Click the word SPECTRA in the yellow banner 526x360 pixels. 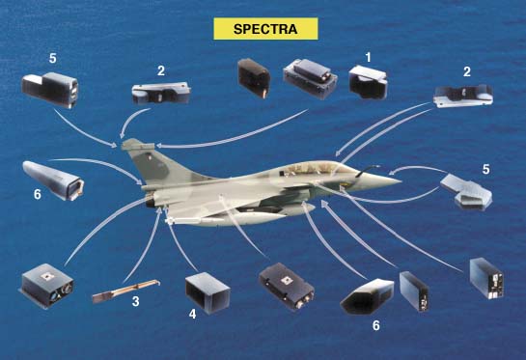[x=265, y=29]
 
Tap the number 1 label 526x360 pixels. [x=369, y=57]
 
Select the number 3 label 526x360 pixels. [x=135, y=301]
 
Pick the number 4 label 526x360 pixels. [x=192, y=314]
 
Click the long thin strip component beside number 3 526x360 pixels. [x=125, y=291]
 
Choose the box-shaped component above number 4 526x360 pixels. [x=208, y=292]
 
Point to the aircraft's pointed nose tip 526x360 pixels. [x=401, y=181]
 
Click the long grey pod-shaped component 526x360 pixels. [x=53, y=180]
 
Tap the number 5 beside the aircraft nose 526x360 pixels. [x=486, y=170]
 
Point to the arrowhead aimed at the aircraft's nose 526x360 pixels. [x=393, y=173]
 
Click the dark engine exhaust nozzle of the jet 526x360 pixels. [x=150, y=202]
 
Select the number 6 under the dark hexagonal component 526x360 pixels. [x=376, y=325]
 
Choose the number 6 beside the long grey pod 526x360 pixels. [x=38, y=194]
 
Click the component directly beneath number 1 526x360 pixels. [x=368, y=83]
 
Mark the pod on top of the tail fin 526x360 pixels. [x=138, y=145]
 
